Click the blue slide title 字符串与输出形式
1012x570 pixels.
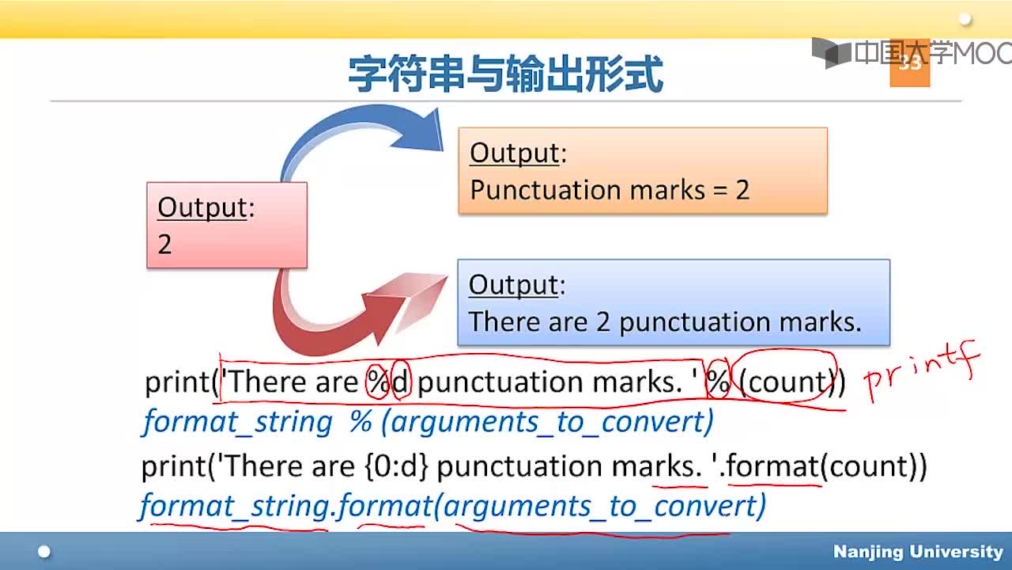pyautogui.click(x=506, y=74)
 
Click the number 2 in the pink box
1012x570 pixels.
pyautogui.click(x=164, y=245)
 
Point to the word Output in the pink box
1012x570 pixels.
pyautogui.click(x=203, y=208)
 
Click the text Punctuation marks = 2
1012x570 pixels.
pyautogui.click(x=610, y=190)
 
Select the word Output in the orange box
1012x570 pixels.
pyautogui.click(x=515, y=153)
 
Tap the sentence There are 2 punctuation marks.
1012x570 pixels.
pyautogui.click(x=665, y=322)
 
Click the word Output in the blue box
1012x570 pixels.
pyautogui.click(x=514, y=285)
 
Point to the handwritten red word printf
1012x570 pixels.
pyautogui.click(x=922, y=372)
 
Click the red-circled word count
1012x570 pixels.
pyautogui.click(x=787, y=382)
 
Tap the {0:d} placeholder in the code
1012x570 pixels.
pyautogui.click(x=396, y=467)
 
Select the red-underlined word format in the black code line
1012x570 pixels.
pyautogui.click(x=772, y=466)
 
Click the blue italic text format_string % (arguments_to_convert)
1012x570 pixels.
pyautogui.click(x=428, y=423)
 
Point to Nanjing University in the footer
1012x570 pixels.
pyautogui.click(x=918, y=552)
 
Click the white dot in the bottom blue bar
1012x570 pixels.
pyautogui.click(x=44, y=552)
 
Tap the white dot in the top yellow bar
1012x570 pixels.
pyautogui.click(x=965, y=20)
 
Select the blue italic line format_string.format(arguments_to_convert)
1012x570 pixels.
pyautogui.click(x=453, y=506)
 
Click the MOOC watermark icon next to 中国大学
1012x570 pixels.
pyautogui.click(x=831, y=53)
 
